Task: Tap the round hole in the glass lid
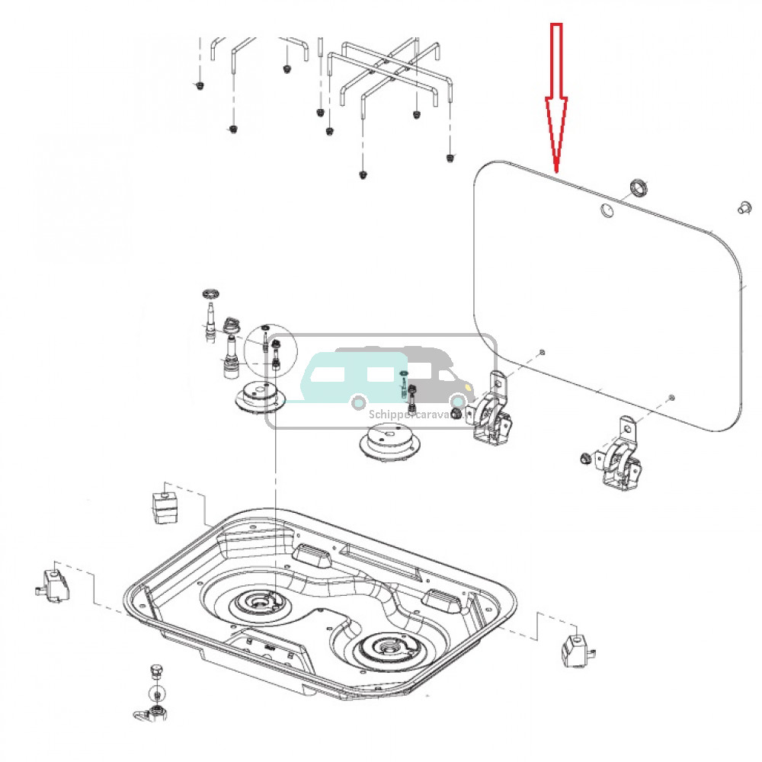click(607, 210)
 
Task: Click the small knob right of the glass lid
click(742, 207)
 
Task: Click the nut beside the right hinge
click(582, 458)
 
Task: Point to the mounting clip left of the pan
click(54, 584)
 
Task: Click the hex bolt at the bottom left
click(157, 671)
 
